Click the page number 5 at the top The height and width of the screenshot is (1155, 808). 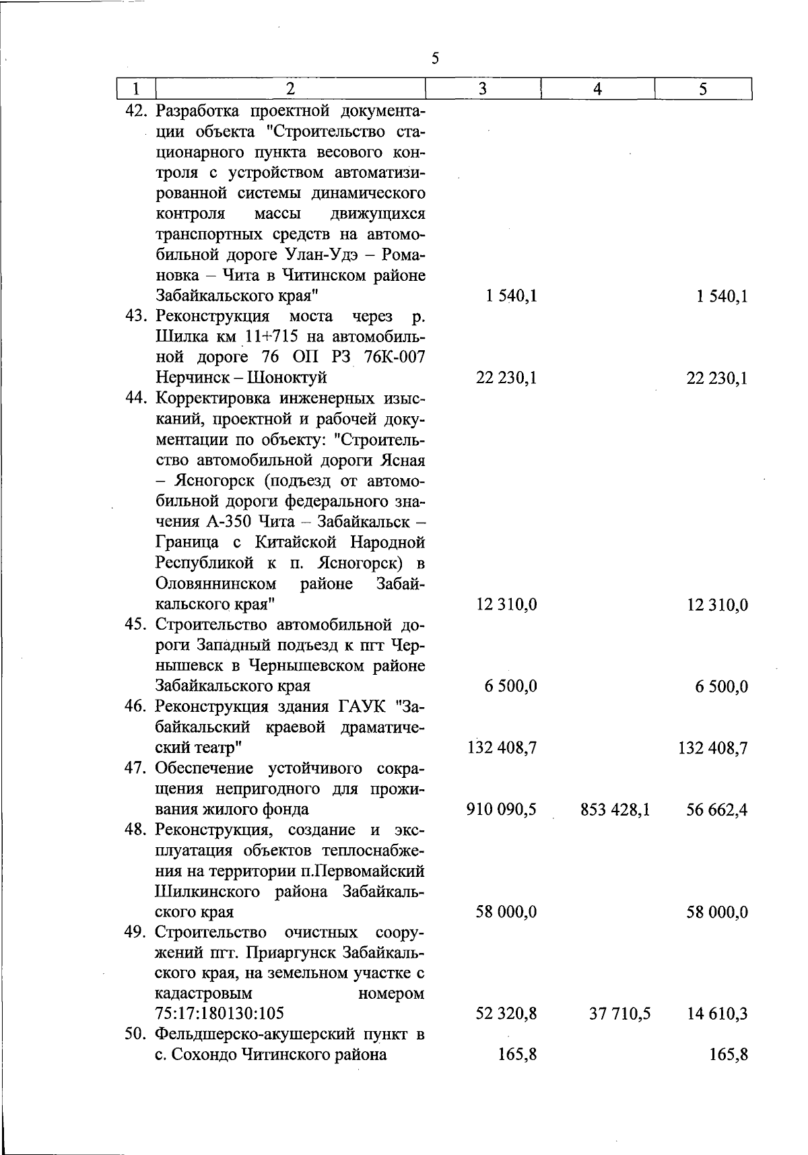click(435, 59)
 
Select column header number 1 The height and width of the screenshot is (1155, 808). click(137, 89)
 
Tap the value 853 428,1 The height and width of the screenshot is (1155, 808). click(615, 810)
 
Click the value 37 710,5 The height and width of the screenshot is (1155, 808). click(619, 1014)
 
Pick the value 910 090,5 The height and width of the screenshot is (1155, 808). click(502, 810)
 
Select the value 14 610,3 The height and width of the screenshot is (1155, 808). click(717, 1014)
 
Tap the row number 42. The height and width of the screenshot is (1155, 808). click(139, 110)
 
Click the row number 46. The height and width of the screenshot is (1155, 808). click(139, 707)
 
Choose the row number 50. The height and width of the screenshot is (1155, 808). click(139, 1034)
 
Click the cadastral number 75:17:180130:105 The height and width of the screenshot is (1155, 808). click(220, 1014)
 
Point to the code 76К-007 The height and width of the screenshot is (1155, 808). click(394, 357)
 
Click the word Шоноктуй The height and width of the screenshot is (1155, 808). click(287, 378)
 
